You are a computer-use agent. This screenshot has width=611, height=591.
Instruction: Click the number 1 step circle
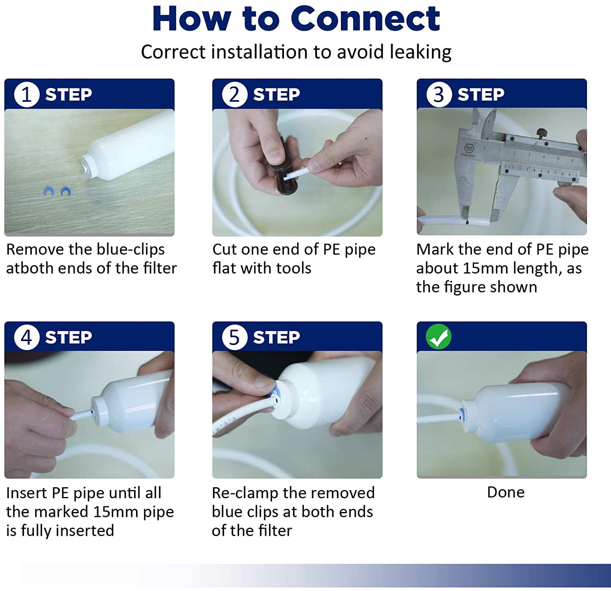26,94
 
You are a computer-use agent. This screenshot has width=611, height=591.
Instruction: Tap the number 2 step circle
234,94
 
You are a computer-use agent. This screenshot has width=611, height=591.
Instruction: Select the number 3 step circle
439,94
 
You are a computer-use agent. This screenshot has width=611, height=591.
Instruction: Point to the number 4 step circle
26,337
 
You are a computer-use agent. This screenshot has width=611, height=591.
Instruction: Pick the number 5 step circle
234,337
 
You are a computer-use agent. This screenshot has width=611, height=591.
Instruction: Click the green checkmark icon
438,337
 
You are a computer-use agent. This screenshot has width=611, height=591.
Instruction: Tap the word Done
506,492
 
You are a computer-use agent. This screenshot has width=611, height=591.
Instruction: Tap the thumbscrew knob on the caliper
541,133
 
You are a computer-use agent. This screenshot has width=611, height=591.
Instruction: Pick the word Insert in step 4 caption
27,493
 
